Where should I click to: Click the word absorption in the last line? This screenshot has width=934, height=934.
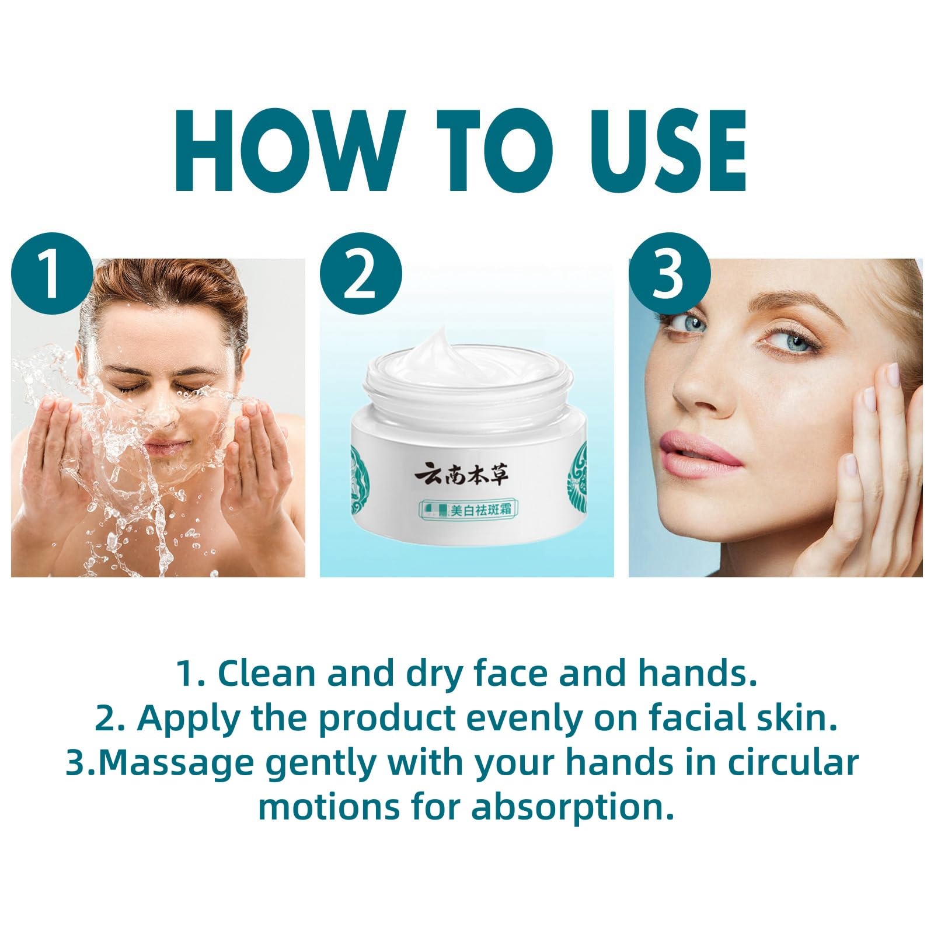pyautogui.click(x=573, y=808)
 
